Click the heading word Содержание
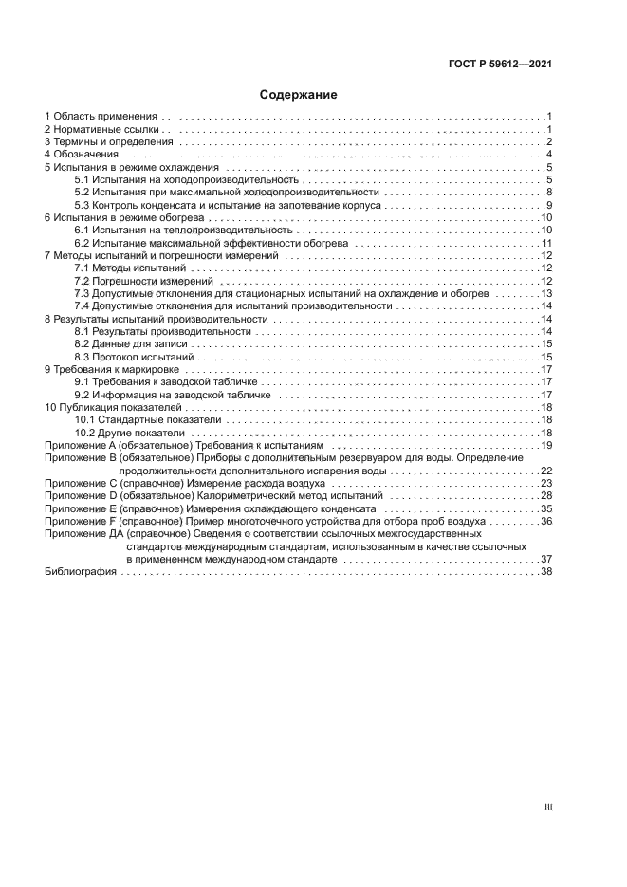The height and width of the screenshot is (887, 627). pos(298,95)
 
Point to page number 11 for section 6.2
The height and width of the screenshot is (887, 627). pos(546,243)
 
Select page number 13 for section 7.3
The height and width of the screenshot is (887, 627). pos(546,294)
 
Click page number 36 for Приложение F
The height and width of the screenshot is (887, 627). pos(546,521)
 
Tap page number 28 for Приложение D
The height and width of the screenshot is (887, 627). pos(546,495)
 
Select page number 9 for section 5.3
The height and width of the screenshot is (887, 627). pos(548,205)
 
